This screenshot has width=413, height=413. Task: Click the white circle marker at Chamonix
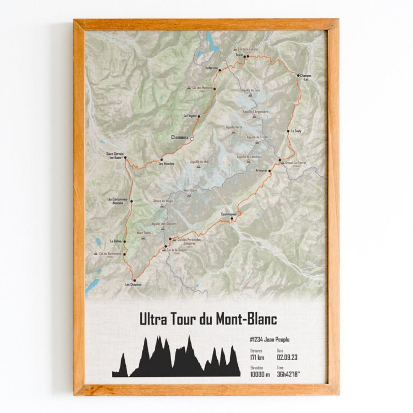point(192,138)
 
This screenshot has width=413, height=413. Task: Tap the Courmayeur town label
point(229,214)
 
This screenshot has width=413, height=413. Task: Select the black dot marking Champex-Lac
point(298,76)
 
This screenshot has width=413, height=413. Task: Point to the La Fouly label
point(296,131)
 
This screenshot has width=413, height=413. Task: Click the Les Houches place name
point(166,164)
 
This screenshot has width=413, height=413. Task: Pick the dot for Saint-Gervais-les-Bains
point(125,158)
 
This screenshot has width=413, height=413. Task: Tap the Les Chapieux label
point(133,284)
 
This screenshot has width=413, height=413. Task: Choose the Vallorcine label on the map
point(212,68)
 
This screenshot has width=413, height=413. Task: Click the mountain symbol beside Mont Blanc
point(189,195)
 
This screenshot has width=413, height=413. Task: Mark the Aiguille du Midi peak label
point(199,161)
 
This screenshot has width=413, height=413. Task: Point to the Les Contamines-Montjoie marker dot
point(131,202)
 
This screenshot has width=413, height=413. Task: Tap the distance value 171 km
point(257,358)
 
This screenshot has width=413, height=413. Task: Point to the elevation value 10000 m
point(260,374)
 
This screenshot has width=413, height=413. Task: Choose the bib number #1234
point(259,340)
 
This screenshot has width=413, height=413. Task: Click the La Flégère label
point(190,116)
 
